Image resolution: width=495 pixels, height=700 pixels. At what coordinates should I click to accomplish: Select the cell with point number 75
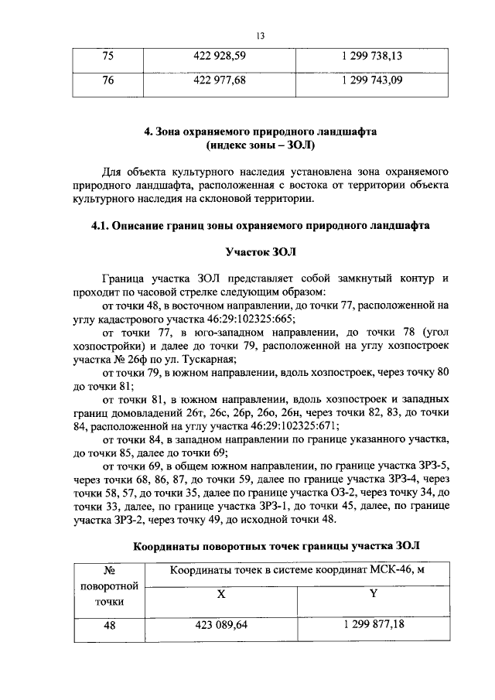tap(108, 56)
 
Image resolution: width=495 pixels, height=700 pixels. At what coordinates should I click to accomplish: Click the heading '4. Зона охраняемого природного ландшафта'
tap(260, 131)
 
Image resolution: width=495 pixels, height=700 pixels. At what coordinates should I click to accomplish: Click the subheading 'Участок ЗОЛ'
tap(260, 251)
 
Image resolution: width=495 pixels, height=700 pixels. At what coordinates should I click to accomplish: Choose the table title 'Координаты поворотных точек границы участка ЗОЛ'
tap(276, 545)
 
